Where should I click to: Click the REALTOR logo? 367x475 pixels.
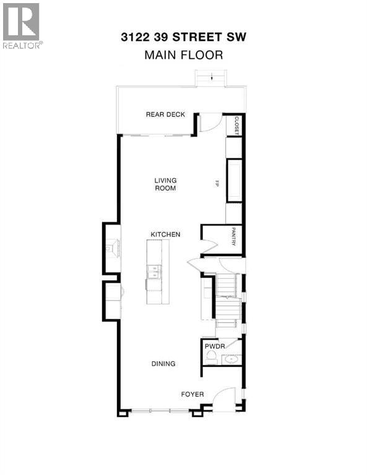(22, 26)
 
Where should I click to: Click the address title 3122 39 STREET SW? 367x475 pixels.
(183, 37)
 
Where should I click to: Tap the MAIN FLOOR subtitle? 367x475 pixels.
(184, 55)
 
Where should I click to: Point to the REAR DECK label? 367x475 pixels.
(165, 114)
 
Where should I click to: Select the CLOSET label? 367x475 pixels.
(236, 126)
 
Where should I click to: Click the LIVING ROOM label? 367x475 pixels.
(165, 184)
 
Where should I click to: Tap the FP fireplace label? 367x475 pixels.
(217, 183)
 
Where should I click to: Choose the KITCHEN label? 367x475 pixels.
(165, 234)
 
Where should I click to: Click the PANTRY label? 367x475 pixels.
(234, 237)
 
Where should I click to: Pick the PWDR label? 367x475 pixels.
(215, 346)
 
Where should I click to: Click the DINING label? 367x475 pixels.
(163, 364)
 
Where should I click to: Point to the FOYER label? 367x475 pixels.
(192, 395)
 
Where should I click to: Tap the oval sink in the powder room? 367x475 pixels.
(232, 359)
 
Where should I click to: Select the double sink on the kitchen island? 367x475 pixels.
(153, 272)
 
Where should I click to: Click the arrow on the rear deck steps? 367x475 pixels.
(212, 77)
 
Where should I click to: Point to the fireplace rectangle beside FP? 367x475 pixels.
(235, 181)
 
